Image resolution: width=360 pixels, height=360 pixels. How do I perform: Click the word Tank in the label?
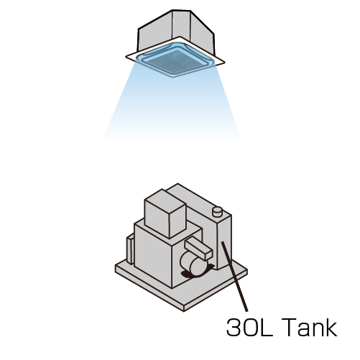(x=310, y=327)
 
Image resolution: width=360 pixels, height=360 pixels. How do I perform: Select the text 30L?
(x=249, y=327)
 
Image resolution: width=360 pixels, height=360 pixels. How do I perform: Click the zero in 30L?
(x=250, y=327)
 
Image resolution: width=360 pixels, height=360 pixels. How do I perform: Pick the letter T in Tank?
(x=290, y=327)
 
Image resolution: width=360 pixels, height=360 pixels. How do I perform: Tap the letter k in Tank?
(x=331, y=327)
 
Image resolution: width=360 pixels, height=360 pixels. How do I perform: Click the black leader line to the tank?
(x=235, y=277)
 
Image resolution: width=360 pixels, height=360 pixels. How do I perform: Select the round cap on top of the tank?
(x=217, y=212)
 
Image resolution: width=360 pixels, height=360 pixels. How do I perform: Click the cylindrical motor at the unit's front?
(x=192, y=265)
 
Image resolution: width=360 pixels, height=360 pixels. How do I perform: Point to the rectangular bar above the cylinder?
(x=198, y=250)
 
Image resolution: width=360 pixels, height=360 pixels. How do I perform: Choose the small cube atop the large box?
(x=165, y=213)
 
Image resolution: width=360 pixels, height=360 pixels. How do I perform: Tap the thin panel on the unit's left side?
(x=129, y=250)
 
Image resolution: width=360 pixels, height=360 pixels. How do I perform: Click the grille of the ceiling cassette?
(x=175, y=60)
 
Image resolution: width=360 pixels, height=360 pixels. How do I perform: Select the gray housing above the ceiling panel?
(x=176, y=31)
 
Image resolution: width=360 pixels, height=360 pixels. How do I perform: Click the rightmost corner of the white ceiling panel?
(x=225, y=63)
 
